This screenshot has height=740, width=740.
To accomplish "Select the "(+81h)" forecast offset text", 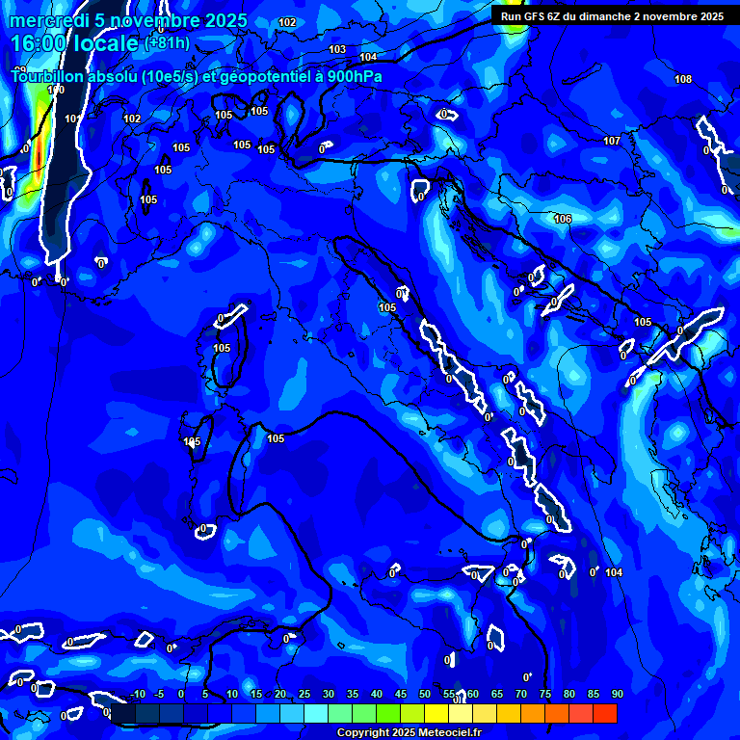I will [168, 43].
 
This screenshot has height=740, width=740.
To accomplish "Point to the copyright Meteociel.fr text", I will [409, 733].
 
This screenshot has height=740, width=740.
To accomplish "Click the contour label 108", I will [683, 79].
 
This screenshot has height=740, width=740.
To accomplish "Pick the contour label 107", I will [612, 141].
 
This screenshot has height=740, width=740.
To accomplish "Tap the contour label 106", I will [563, 220].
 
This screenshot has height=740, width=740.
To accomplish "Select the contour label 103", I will [337, 49].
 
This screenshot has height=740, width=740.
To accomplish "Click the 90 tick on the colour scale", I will [617, 695].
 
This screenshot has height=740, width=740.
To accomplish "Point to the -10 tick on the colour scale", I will [137, 695].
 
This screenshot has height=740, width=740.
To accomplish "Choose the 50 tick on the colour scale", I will [425, 695].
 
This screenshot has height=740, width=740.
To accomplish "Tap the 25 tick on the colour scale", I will [304, 695].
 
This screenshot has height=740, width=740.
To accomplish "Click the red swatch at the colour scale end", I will [605, 713].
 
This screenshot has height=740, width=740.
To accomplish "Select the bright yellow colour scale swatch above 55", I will [436, 713].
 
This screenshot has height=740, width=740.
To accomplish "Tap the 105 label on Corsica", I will [222, 348].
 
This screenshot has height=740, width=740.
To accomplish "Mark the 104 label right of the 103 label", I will [368, 57].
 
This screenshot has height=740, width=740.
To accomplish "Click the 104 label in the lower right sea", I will [615, 572].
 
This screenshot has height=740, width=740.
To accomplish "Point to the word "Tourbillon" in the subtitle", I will [45, 77].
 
